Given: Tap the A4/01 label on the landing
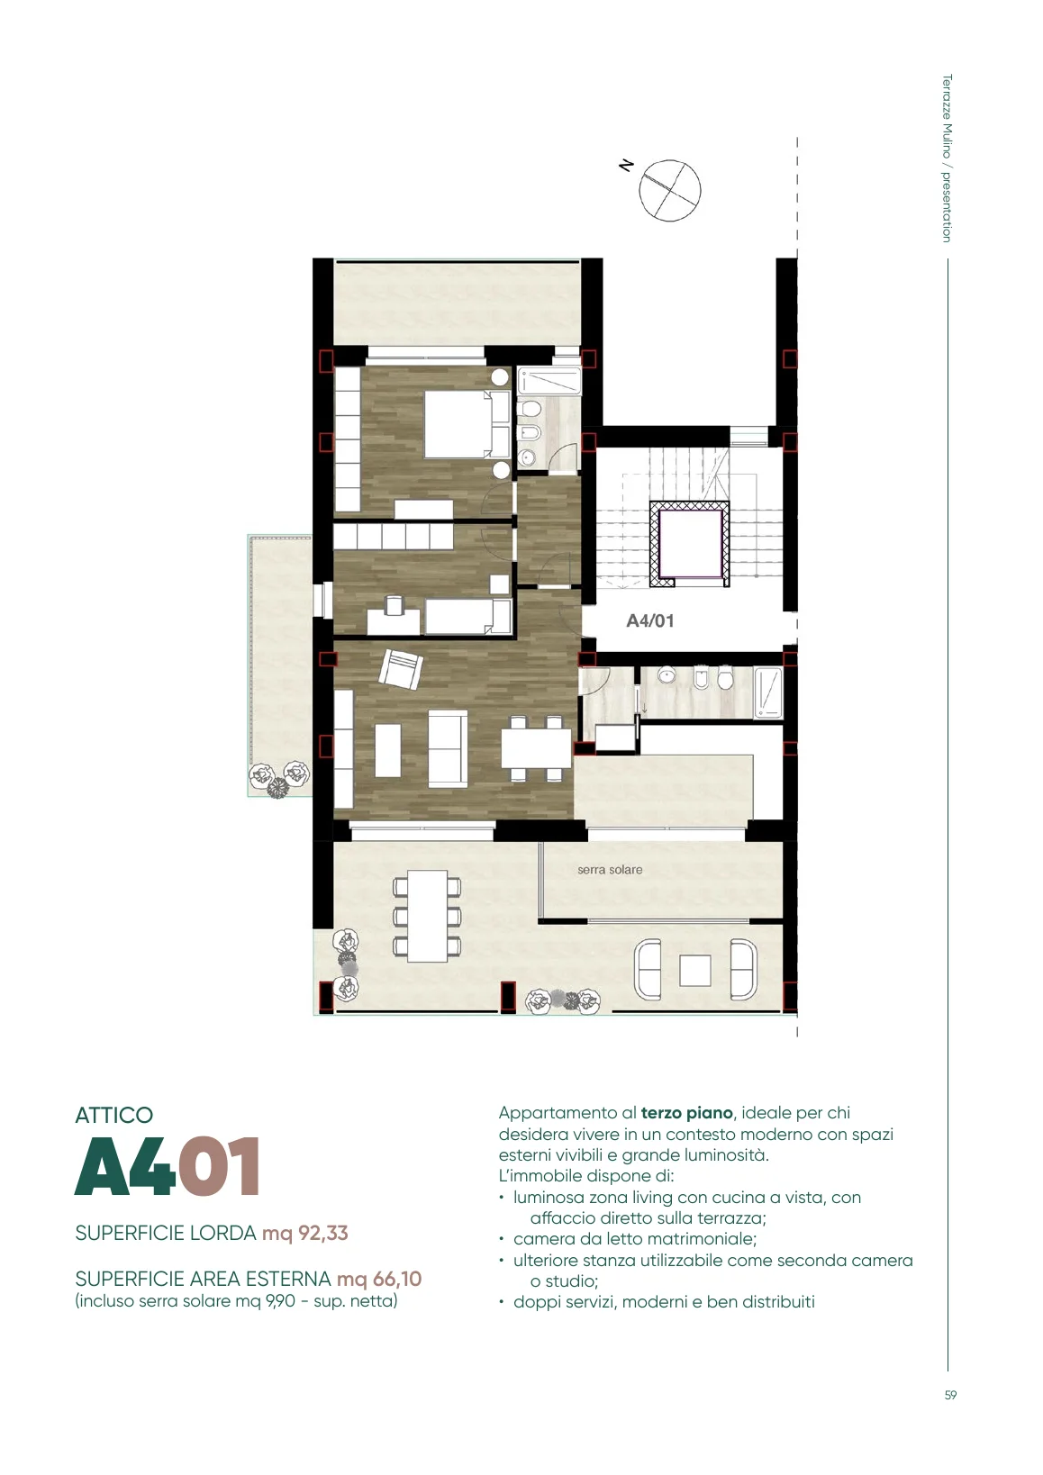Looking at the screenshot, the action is [649, 620].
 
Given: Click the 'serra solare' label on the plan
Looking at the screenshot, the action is [610, 869].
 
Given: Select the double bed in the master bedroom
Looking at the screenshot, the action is [467, 425].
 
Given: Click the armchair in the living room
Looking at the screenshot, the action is [400, 668].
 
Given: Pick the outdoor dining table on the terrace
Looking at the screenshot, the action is [427, 916].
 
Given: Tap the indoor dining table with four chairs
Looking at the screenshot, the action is [536, 748].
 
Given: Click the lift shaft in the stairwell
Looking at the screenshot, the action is [689, 544].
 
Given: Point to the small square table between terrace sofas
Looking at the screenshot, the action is [694, 971].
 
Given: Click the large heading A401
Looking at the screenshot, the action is [168, 1166].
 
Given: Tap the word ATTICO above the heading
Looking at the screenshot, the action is [113, 1115].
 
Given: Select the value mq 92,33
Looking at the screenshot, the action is [304, 1233].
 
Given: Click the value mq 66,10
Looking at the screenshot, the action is [379, 1279].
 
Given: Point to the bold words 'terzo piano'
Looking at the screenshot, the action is [686, 1113].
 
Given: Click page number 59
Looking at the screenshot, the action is [950, 1395].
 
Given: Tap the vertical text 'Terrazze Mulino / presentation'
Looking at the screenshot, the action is [947, 158].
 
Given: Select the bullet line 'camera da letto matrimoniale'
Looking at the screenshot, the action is [635, 1238].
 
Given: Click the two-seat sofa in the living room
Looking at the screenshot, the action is [448, 748].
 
